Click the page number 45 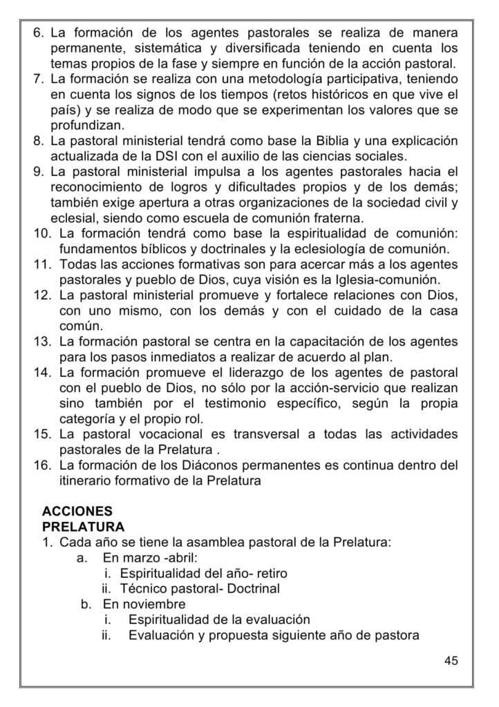pos(451,661)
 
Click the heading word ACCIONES pos(77,512)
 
